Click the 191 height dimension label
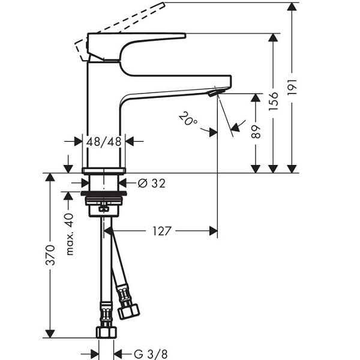pyautogui.click(x=292, y=87)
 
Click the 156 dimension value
pyautogui.click(x=273, y=101)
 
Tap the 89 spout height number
pyautogui.click(x=256, y=132)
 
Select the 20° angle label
pyautogui.click(x=188, y=118)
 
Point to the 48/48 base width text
pyautogui.click(x=104, y=142)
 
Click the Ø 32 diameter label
pyautogui.click(x=152, y=183)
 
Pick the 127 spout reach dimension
pyautogui.click(x=162, y=231)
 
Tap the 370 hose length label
pyautogui.click(x=50, y=255)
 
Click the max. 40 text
pyautogui.click(x=70, y=235)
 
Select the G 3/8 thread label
pyautogui.click(x=151, y=354)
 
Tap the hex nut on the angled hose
pyautogui.click(x=128, y=311)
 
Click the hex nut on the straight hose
pyautogui.click(x=106, y=332)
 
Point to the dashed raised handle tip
pyautogui.click(x=163, y=5)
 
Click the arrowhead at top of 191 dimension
pyautogui.click(x=292, y=7)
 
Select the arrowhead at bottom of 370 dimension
pyautogui.click(x=50, y=334)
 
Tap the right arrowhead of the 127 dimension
pyautogui.click(x=213, y=231)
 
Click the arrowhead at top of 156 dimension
pyautogui.click(x=273, y=37)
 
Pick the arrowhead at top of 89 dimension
pyautogui.click(x=256, y=98)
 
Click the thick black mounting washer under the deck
pyautogui.click(x=104, y=193)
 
